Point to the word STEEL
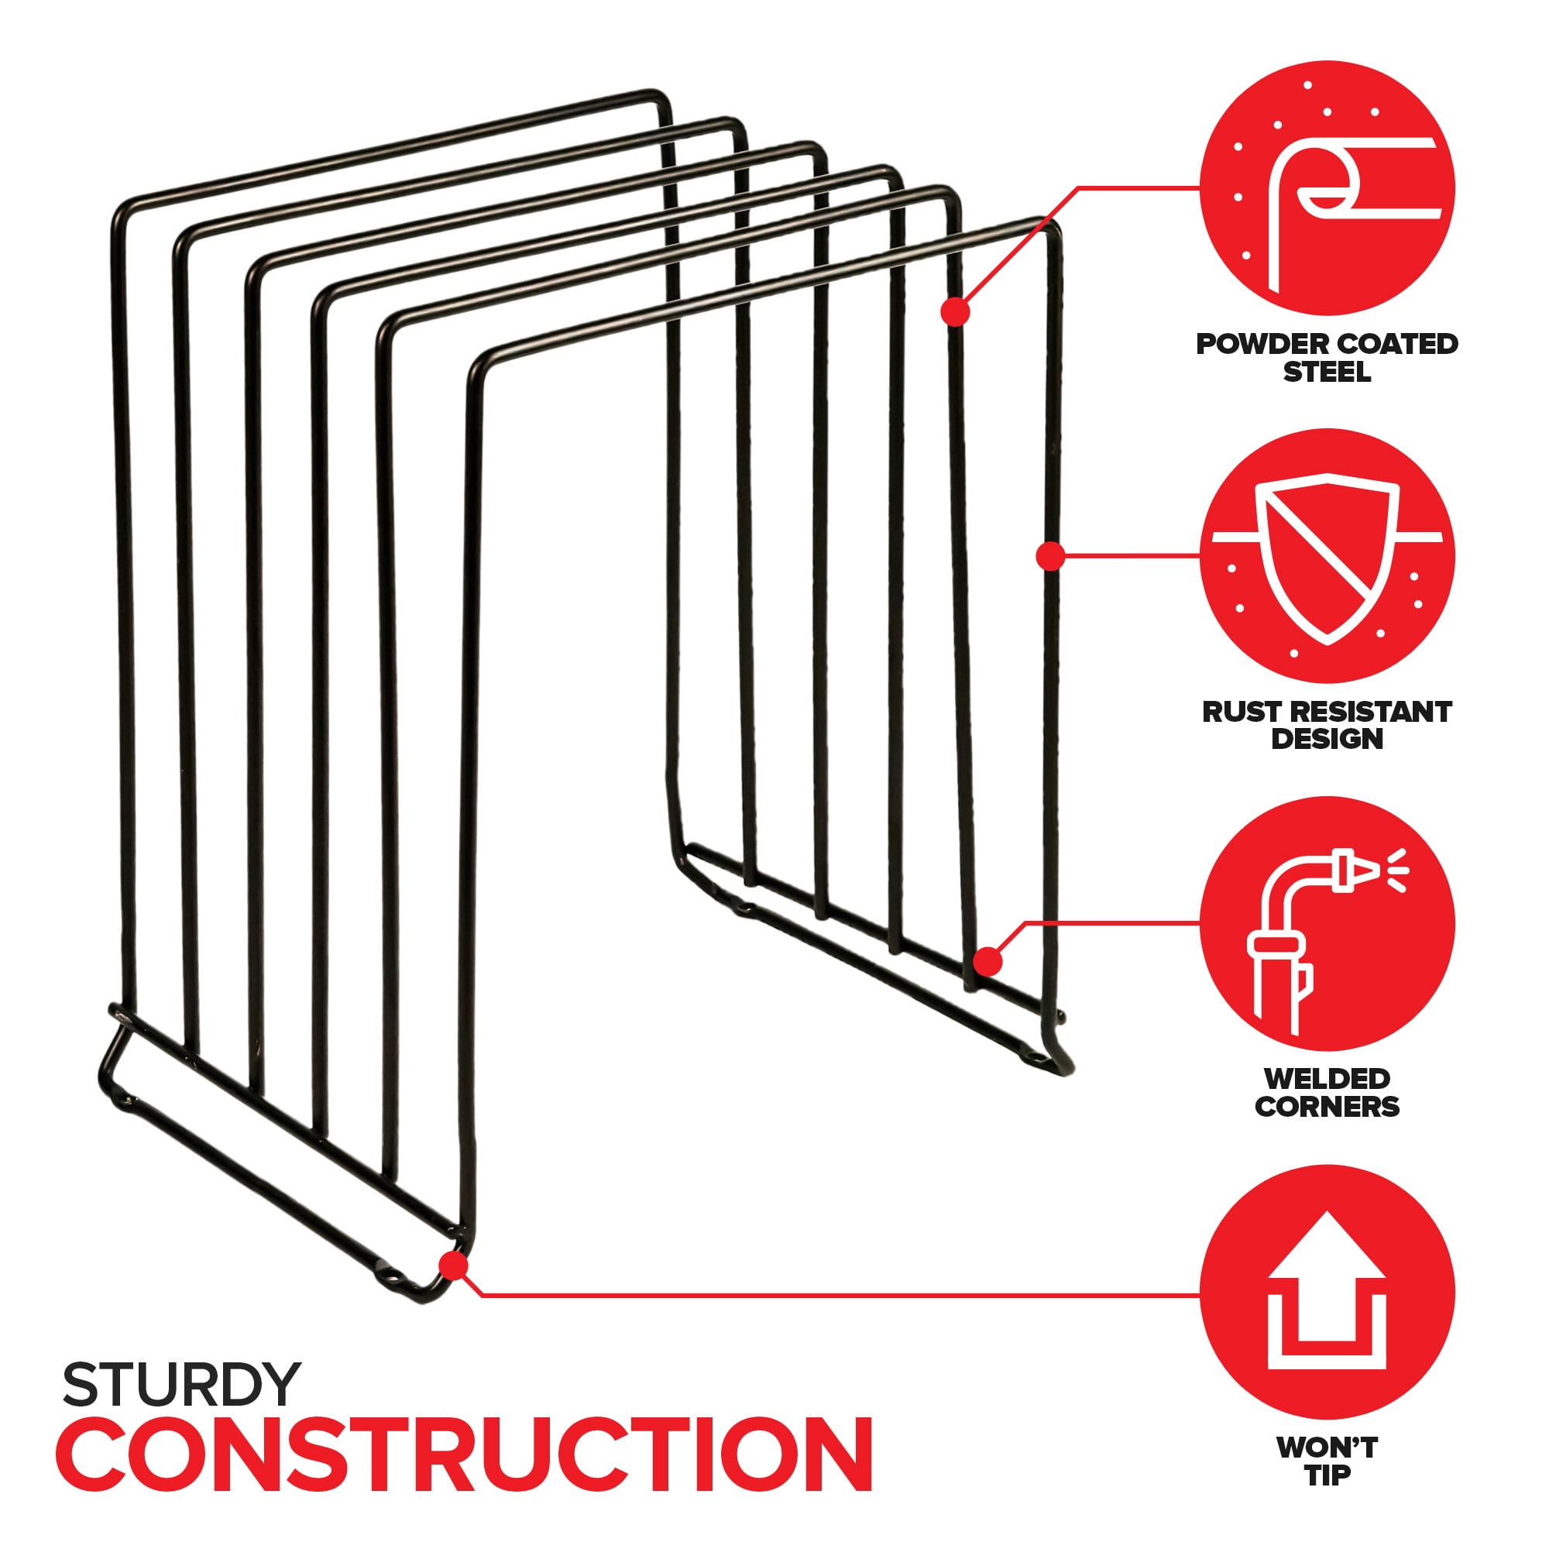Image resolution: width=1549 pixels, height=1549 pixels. point(1327,372)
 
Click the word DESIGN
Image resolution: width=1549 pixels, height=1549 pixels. point(1327,738)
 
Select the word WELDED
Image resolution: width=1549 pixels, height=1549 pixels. point(1327,1078)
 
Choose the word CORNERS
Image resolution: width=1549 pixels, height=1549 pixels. point(1327,1107)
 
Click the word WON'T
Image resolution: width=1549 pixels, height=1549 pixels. point(1327,1448)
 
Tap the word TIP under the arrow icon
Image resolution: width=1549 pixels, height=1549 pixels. point(1327,1475)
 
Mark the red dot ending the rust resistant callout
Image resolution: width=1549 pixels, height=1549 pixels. point(1049,555)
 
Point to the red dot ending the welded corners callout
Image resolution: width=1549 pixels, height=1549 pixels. point(988,960)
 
